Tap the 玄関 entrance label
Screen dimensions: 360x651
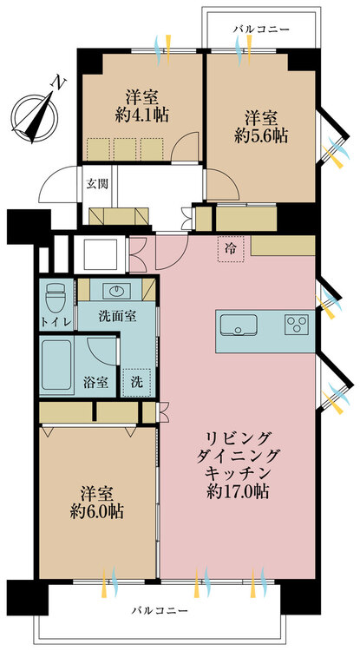97,184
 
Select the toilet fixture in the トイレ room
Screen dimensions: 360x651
56,297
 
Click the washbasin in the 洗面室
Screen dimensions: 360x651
116,291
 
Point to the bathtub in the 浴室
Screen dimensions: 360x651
56,365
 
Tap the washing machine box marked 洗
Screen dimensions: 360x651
136,382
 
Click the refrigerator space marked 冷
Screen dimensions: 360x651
230,249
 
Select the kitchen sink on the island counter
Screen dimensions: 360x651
239,325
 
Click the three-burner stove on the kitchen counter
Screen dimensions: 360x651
297,324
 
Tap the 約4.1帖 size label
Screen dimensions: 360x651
142,115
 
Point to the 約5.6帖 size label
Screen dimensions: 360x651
261,135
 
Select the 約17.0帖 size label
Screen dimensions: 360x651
237,491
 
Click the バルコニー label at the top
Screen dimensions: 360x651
261,30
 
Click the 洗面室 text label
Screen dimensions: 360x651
117,317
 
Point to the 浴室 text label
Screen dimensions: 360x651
96,382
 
